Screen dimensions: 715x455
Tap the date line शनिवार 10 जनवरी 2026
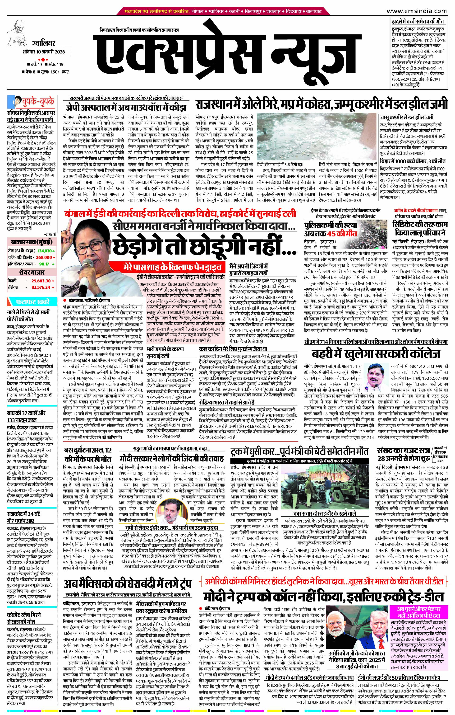pyautogui.click(x=44, y=52)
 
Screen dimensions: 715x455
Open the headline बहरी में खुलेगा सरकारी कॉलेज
pyautogui.click(x=376, y=354)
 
